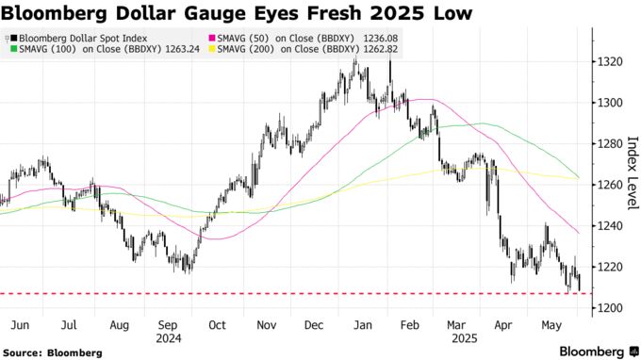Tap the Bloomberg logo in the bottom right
tap(591, 351)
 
